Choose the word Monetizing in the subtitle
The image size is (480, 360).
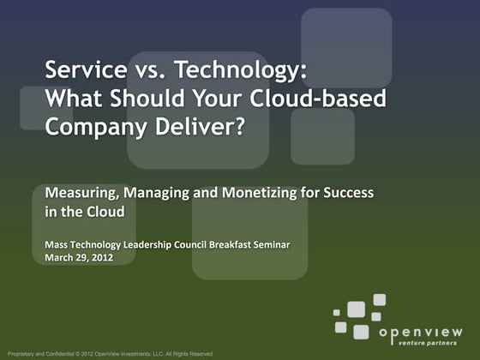coord(258,193)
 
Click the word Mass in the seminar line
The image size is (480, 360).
coord(56,245)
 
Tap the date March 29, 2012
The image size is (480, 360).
coord(79,258)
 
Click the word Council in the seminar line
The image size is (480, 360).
coord(193,245)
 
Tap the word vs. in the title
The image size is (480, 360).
coord(135,68)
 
